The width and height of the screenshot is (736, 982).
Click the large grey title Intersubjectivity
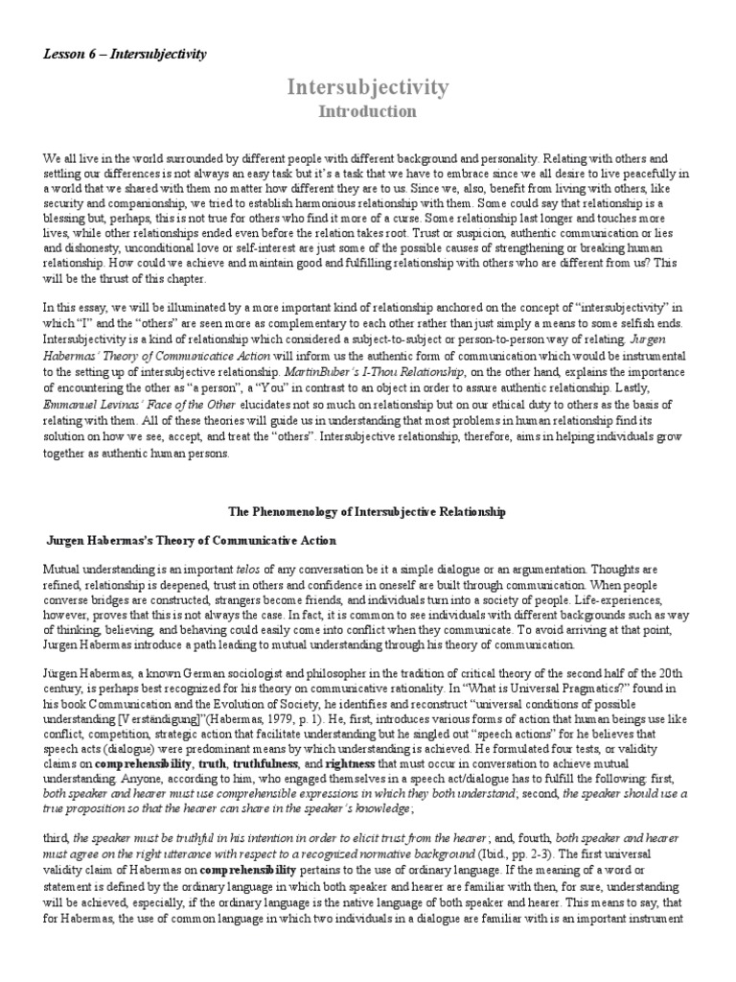(368, 88)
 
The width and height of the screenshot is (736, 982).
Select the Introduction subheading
(368, 112)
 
